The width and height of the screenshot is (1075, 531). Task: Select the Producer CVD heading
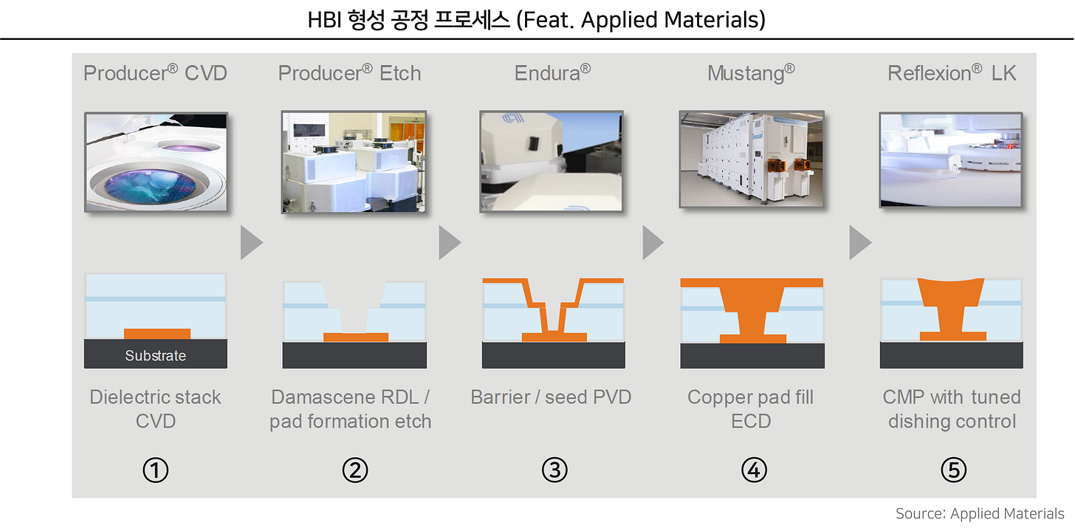click(155, 73)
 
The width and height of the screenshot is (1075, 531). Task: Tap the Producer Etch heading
click(349, 73)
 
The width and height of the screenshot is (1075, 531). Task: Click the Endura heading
click(552, 73)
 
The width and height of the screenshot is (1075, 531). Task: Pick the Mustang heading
click(751, 73)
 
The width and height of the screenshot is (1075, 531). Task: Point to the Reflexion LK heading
click(952, 73)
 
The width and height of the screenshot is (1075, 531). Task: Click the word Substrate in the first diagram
click(155, 355)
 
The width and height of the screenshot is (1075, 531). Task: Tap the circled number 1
click(156, 470)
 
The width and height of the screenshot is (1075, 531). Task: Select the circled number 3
click(553, 470)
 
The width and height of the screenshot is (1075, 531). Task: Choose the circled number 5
click(953, 470)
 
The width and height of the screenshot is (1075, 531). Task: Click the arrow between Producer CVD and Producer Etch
click(251, 243)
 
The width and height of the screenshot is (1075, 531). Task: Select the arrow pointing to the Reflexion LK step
click(859, 243)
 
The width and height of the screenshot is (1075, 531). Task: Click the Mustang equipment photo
click(752, 160)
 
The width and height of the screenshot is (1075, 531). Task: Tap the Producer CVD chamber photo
click(156, 162)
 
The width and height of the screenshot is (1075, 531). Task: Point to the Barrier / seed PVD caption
click(551, 397)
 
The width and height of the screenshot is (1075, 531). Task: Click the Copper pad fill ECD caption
click(750, 409)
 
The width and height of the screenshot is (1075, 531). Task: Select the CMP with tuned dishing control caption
click(952, 409)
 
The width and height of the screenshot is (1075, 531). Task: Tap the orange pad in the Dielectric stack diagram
click(157, 334)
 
